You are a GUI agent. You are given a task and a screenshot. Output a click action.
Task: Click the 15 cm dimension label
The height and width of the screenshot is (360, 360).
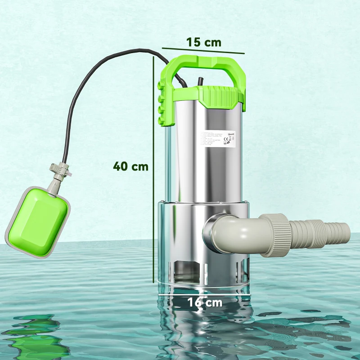coord(204,42)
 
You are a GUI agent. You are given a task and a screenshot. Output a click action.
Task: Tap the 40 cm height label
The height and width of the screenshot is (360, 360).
coord(130,166)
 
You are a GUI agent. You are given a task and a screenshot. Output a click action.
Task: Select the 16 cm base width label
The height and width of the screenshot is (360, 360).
coord(205,302)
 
